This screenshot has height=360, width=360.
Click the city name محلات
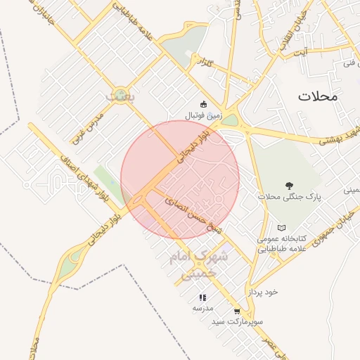pyautogui.click(x=318, y=96)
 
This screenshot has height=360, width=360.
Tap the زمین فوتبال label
pyautogui.click(x=203, y=115)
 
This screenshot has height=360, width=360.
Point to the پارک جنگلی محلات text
pyautogui.click(x=289, y=197)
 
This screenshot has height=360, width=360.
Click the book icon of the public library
pyautogui.click(x=281, y=228)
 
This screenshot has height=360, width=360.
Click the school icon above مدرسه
pyautogui.click(x=202, y=297)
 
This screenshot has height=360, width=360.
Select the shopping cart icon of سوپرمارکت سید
pyautogui.click(x=236, y=311)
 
